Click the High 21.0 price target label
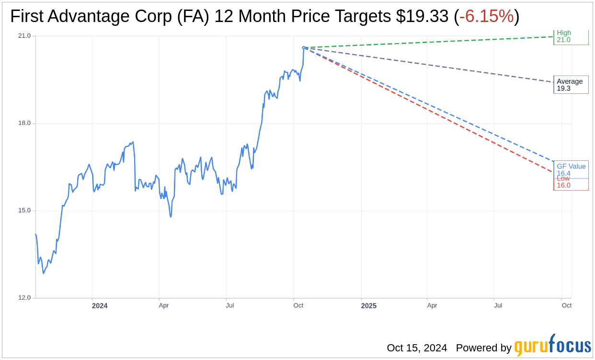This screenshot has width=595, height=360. click(570, 37)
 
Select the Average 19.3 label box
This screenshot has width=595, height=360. click(570, 85)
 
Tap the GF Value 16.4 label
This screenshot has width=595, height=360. click(571, 169)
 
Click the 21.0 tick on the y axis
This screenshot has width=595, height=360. click(24, 36)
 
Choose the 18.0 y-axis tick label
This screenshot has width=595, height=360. click(24, 123)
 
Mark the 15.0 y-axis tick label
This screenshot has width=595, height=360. click(24, 211)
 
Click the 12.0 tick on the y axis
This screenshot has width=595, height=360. click(24, 298)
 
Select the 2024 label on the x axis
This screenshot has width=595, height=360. click(100, 306)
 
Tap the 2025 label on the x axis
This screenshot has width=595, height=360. click(369, 306)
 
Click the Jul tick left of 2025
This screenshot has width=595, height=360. click(230, 305)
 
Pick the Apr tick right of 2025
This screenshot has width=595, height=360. click(432, 305)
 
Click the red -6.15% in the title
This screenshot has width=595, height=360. click(486, 17)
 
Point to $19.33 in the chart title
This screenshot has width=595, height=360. click(422, 17)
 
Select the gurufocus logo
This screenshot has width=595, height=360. click(552, 346)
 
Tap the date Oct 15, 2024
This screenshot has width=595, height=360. click(417, 348)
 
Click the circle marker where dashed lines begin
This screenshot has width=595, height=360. click(304, 48)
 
